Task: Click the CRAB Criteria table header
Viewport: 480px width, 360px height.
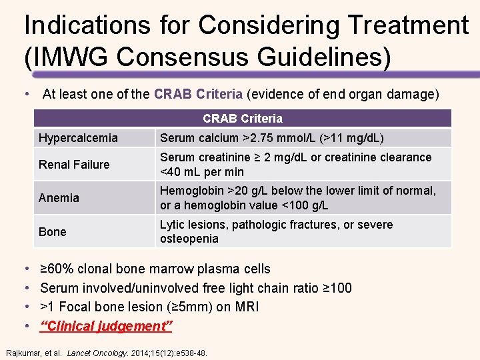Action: click(x=243, y=119)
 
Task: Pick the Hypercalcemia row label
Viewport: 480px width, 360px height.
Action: click(x=78, y=138)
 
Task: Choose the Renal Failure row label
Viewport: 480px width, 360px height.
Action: click(x=74, y=165)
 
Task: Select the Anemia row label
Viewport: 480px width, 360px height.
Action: click(x=59, y=198)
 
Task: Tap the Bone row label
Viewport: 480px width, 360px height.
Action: click(x=53, y=232)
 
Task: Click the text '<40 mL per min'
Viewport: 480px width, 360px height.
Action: click(x=202, y=172)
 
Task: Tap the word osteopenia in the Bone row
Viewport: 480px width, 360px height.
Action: click(x=189, y=239)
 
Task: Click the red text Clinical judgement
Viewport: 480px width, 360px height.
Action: click(x=107, y=326)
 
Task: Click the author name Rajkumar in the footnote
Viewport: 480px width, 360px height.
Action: click(x=25, y=353)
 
